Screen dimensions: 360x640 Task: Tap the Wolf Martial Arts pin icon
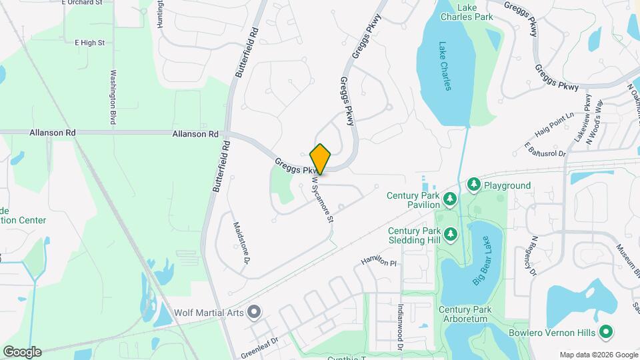point(253,312)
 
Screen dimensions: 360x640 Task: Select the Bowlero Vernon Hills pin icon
point(606,331)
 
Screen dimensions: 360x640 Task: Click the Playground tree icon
point(474,184)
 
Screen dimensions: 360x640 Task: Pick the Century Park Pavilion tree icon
point(450,199)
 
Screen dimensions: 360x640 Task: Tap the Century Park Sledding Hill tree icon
point(450,234)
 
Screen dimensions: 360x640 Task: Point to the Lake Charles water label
point(445,67)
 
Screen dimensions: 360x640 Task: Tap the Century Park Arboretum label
point(465,316)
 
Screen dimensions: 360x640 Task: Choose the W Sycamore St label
point(321,199)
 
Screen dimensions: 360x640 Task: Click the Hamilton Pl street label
point(378,261)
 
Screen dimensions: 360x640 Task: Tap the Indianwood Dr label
point(401,328)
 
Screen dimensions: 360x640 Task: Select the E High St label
point(90,43)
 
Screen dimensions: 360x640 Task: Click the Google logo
point(21,351)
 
